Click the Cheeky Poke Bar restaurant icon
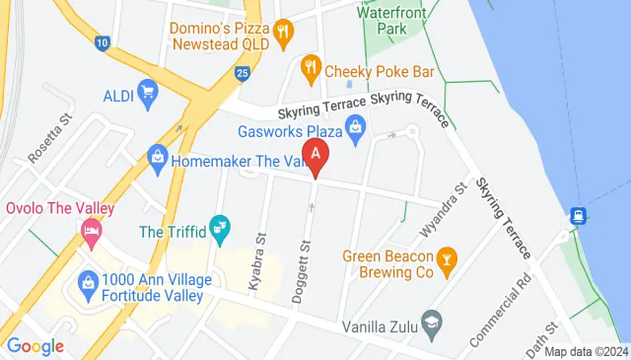(x=311, y=68)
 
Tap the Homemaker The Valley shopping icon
(x=156, y=157)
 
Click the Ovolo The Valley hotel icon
(x=91, y=232)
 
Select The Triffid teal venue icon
(x=221, y=231)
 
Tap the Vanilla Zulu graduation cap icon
(x=431, y=323)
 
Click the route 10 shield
(x=104, y=43)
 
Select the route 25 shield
(x=243, y=72)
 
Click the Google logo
(x=35, y=346)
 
